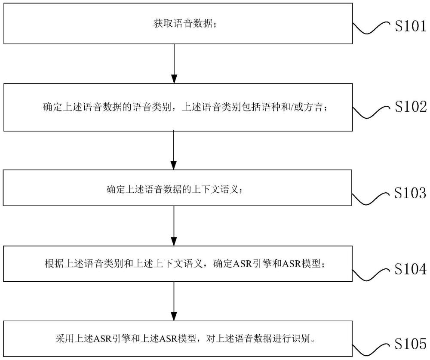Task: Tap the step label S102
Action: [x=410, y=107]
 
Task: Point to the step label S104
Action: [x=410, y=269]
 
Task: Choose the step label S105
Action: [x=410, y=344]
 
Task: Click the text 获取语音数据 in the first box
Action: [x=182, y=24]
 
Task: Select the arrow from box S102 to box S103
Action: [x=174, y=149]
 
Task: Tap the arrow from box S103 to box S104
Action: [x=174, y=225]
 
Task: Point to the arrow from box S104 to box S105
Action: [x=174, y=299]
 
